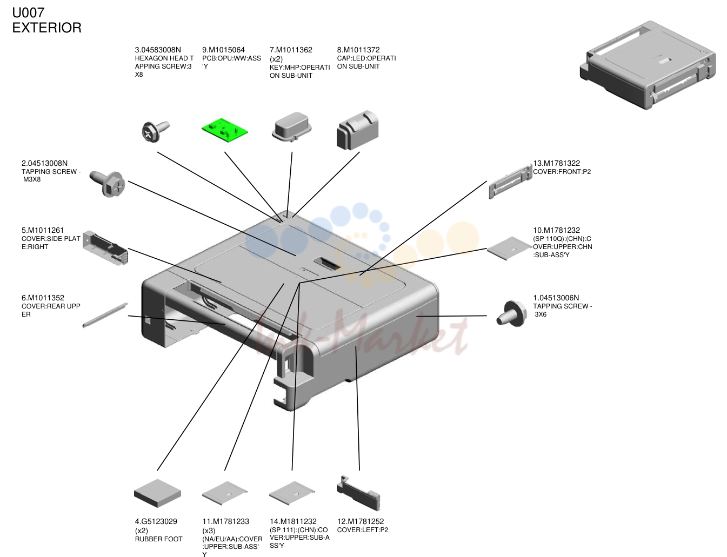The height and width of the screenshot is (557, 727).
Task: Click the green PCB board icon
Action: coord(224,130)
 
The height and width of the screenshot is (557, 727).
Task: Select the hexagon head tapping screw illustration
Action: coord(156,131)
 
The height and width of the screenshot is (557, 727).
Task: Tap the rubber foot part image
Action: coord(157,493)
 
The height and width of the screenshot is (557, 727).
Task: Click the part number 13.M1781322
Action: coord(556,163)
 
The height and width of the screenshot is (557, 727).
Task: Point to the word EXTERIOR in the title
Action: coord(47,28)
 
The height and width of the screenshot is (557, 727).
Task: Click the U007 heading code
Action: coord(28,13)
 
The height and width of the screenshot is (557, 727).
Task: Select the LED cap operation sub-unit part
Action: coord(357,130)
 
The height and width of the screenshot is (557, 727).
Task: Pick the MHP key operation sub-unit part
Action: coord(291,127)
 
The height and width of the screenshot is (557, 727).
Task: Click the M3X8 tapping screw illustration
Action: coord(107,184)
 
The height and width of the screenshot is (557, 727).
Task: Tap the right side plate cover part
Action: coord(105,247)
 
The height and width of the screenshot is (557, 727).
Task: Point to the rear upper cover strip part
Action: coord(105,316)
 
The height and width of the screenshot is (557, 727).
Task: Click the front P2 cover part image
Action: coord(510,182)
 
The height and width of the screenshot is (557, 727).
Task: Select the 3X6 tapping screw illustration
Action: coord(511,313)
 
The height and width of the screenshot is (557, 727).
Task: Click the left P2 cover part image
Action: coord(358,493)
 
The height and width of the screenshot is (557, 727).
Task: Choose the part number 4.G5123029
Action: coord(156,521)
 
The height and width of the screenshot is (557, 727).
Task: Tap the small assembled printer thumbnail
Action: coord(648,65)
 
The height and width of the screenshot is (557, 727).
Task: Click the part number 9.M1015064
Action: coord(223,50)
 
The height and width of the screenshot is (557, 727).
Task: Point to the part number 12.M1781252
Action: coord(361,521)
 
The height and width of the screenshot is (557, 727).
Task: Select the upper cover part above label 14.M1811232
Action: coord(292,493)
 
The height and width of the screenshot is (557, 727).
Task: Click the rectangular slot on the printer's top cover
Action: coord(327,265)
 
